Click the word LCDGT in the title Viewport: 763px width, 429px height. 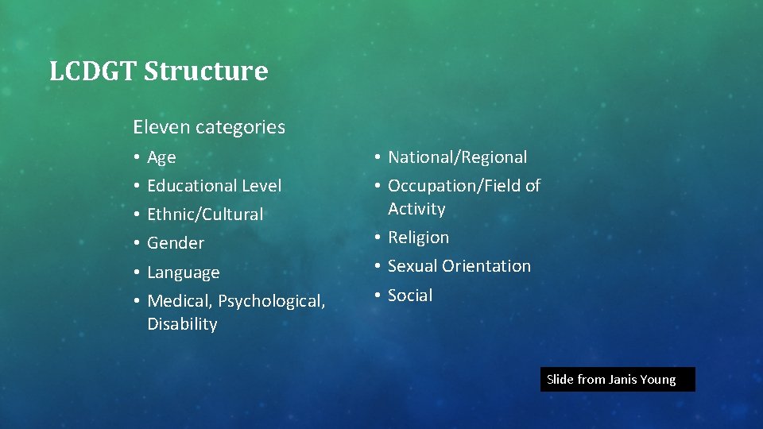point(93,71)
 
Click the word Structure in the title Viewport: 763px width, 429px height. point(206,71)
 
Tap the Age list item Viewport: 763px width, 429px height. point(161,157)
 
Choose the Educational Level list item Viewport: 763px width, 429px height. point(214,186)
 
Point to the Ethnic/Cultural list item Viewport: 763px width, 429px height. point(205,214)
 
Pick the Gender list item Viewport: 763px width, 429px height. point(176,243)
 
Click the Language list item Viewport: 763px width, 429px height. point(183,272)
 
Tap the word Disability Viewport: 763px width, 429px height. point(182,324)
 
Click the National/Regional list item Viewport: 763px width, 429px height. point(457,157)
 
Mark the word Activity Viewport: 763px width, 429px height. point(416,209)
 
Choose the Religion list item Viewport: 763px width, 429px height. point(418,238)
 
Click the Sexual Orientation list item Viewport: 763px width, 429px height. point(459,266)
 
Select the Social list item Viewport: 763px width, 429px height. point(410,296)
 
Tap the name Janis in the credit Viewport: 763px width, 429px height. point(623,380)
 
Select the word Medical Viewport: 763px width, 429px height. point(180,302)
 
